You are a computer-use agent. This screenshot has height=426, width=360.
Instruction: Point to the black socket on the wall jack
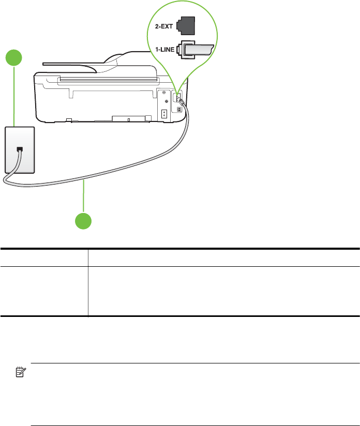click(x=20, y=149)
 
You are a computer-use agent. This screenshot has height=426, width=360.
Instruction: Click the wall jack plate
click(x=20, y=149)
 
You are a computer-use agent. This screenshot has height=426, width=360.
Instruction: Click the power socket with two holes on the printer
click(x=163, y=114)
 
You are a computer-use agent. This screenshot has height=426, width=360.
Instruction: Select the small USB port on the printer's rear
click(x=179, y=109)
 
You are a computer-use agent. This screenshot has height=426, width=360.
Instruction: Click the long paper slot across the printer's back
click(x=109, y=80)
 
